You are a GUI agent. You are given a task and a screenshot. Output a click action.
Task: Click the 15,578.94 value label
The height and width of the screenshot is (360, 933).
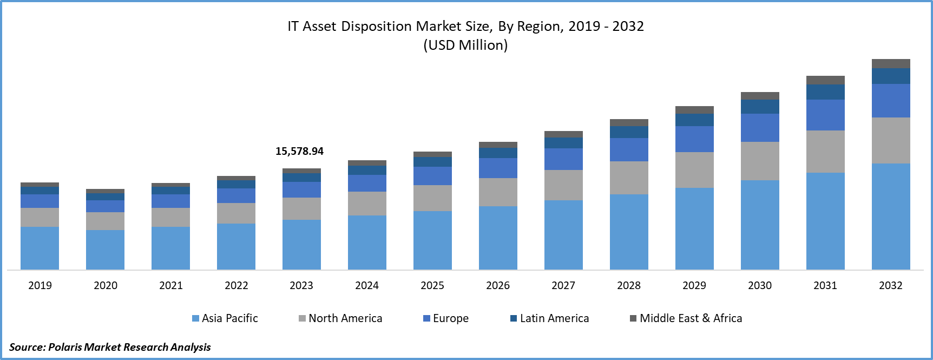[299, 151]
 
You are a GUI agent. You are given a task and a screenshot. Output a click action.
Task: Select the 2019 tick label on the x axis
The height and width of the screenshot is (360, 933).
[40, 285]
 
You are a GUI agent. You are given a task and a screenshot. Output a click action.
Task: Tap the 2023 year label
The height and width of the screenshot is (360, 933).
[301, 285]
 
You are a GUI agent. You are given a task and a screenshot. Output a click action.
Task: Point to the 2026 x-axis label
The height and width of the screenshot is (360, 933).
[498, 285]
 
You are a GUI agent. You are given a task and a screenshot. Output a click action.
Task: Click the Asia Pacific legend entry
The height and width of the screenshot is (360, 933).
[225, 318]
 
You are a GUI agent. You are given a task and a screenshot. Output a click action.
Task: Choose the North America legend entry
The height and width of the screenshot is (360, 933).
[340, 318]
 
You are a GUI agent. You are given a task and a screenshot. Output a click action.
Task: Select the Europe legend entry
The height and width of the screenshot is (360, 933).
[446, 318]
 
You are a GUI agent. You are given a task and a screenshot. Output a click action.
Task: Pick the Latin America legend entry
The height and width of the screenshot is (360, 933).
[549, 318]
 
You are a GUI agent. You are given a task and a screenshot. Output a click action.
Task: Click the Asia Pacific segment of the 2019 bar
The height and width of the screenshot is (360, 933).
[40, 248]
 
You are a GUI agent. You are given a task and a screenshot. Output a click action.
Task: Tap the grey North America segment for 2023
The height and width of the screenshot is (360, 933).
[301, 208]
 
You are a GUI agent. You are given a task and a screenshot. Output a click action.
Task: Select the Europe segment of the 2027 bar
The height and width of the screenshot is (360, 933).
[563, 159]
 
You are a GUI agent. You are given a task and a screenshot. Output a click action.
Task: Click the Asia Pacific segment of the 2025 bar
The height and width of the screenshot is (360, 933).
[432, 240]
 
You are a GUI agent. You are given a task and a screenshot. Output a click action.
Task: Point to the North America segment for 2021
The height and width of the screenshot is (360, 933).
[170, 217]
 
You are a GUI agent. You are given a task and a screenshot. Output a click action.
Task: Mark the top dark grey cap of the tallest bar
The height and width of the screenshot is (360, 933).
[891, 63]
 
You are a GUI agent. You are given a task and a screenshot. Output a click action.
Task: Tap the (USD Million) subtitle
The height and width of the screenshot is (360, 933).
[465, 45]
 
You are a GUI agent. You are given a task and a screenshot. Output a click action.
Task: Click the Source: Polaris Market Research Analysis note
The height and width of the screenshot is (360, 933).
[110, 346]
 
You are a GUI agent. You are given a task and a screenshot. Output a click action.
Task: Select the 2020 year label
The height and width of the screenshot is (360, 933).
[106, 285]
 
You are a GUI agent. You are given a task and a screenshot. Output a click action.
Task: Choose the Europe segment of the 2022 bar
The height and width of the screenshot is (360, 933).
[236, 195]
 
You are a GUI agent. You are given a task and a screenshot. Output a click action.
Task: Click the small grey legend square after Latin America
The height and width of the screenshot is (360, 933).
[633, 318]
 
